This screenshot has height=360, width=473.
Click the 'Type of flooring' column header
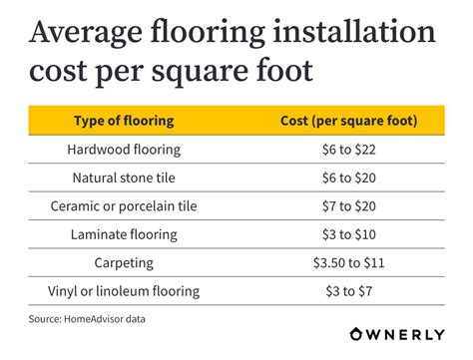124,121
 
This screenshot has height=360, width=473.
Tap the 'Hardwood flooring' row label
124,150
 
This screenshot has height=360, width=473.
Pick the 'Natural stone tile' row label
124,179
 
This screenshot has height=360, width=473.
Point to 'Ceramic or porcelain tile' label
124,206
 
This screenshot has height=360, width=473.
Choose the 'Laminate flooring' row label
124,235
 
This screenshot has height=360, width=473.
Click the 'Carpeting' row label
124,263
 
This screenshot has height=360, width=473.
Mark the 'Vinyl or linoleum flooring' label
124,292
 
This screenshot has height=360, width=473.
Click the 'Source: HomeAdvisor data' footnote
87,319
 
